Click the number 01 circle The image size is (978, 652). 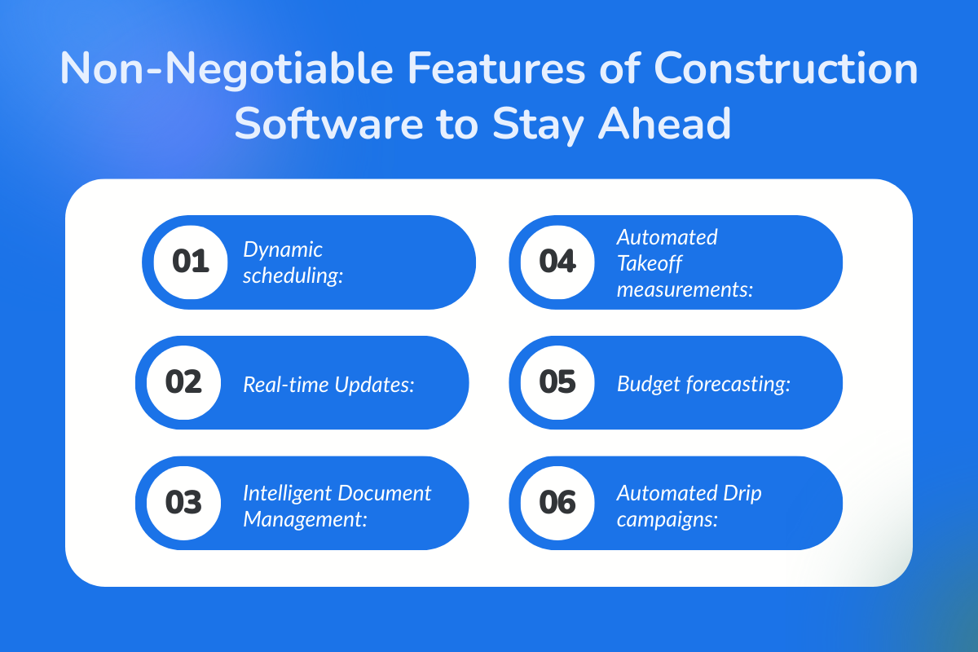pyautogui.click(x=191, y=262)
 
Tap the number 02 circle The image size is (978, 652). pyautogui.click(x=183, y=382)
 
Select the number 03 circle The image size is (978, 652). pyautogui.click(x=183, y=503)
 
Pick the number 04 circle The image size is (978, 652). pyautogui.click(x=557, y=262)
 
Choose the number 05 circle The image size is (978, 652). pyautogui.click(x=557, y=382)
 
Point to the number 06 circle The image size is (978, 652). pyautogui.click(x=557, y=503)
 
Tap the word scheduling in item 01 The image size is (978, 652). pyautogui.click(x=291, y=275)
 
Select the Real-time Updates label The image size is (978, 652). pyautogui.click(x=329, y=384)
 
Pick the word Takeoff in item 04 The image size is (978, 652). pyautogui.click(x=649, y=262)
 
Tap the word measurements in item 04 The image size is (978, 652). pyautogui.click(x=685, y=289)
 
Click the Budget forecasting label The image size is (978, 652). pyautogui.click(x=703, y=384)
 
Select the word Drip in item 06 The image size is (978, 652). pyautogui.click(x=742, y=492)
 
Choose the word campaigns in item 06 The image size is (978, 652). pyautogui.click(x=667, y=518)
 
